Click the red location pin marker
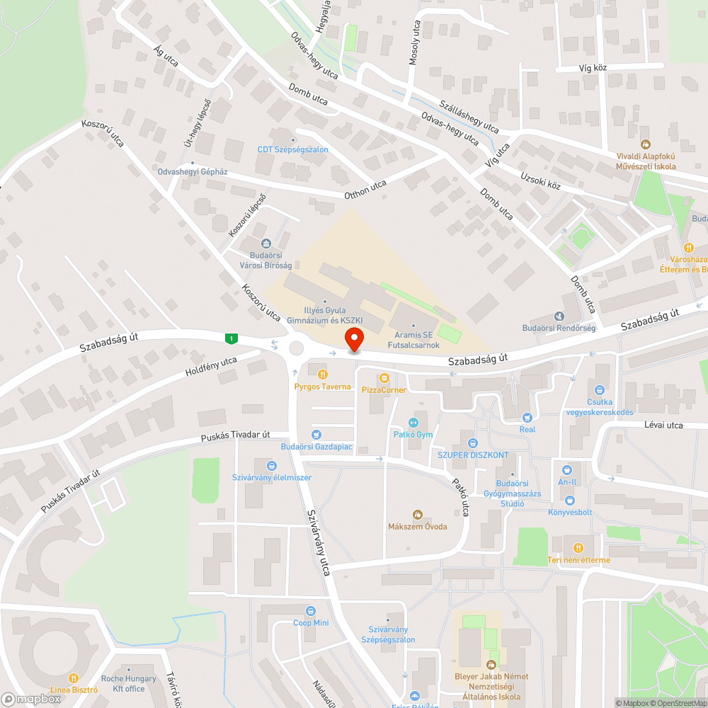click(353, 338)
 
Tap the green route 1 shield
click(231, 339)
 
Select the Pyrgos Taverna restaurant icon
click(323, 374)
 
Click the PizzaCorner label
click(384, 389)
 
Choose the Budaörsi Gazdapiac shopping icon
click(316, 435)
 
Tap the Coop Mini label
click(311, 622)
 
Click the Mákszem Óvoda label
click(417, 526)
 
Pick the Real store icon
click(527, 418)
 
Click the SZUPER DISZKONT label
click(472, 455)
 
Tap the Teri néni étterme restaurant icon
click(578, 547)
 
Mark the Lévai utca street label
click(663, 425)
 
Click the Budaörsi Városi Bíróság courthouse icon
click(265, 244)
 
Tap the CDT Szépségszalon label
click(292, 149)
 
